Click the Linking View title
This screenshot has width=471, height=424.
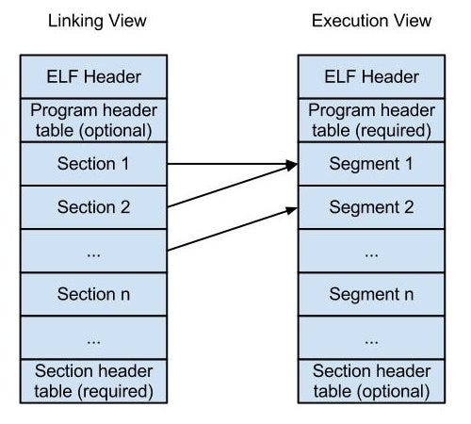tap(97, 22)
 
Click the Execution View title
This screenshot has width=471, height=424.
tap(371, 21)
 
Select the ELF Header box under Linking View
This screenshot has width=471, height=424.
tap(93, 76)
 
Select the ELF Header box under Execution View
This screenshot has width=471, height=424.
tap(371, 76)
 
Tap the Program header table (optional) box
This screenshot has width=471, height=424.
tap(93, 121)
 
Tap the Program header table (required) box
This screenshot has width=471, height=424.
tap(371, 121)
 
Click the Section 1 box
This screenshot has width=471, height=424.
tap(93, 164)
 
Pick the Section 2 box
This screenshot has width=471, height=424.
tap(93, 207)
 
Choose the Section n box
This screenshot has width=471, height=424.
tap(93, 294)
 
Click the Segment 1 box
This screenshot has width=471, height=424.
tap(371, 164)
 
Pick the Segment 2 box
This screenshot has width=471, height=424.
tap(371, 207)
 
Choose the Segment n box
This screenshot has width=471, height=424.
tap(371, 294)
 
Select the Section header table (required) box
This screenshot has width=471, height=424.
tap(93, 382)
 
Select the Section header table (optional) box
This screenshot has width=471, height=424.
tap(371, 382)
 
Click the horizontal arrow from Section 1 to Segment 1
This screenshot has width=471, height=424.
tap(233, 164)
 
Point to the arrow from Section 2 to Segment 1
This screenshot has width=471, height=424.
tap(233, 186)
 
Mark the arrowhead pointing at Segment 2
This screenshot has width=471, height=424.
tap(291, 210)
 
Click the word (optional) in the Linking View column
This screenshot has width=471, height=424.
tap(116, 131)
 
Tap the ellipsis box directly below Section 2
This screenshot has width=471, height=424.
tap(93, 251)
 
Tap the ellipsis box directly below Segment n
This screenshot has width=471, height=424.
tap(371, 337)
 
